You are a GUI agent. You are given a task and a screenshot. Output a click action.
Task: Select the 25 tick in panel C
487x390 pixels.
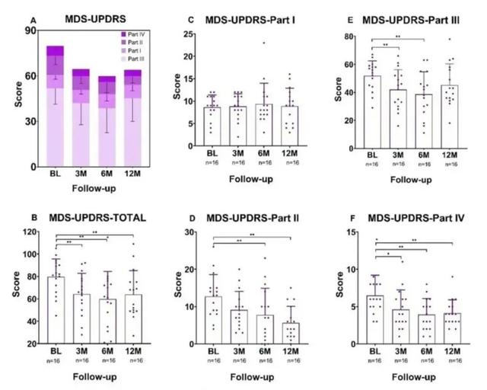click(190, 34)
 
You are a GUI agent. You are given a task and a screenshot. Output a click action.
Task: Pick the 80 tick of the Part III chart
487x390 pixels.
click(354, 36)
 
